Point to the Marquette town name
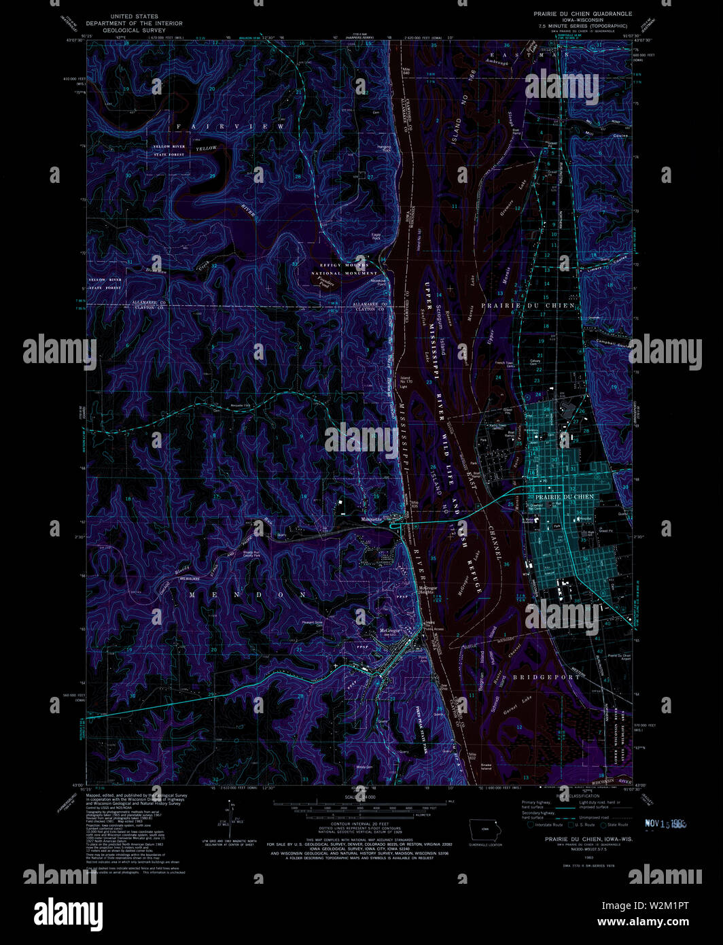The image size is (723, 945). coord(373,518)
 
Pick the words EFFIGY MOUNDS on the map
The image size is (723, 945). coord(343,265)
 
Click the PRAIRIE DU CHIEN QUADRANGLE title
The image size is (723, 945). coord(582,14)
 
